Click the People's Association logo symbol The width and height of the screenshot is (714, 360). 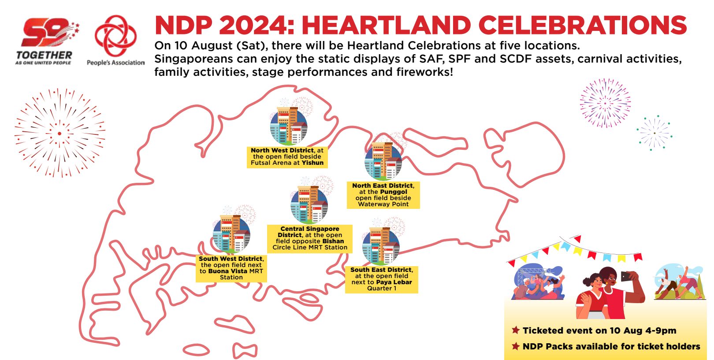116,36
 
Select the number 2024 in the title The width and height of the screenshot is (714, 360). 256,26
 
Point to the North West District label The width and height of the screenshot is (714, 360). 287,157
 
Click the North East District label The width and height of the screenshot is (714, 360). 383,195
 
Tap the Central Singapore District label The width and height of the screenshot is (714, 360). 310,238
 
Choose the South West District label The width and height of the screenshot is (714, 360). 231,268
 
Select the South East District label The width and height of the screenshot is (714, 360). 382,279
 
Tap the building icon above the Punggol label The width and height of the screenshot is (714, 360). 383,161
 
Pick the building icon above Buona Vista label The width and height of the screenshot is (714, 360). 231,234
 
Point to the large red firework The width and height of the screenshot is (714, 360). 59,133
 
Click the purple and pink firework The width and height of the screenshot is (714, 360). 605,103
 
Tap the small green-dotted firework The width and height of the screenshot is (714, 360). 654,133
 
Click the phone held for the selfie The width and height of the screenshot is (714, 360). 626,277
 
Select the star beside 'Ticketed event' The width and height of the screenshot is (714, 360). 515,330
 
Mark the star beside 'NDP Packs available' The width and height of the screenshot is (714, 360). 515,346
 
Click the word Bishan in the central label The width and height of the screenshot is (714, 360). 333,241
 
